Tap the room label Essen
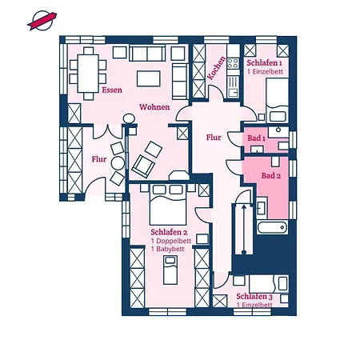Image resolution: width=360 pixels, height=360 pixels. point(112,90)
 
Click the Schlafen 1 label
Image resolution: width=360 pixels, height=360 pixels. point(264,62)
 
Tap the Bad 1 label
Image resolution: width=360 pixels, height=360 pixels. point(257,138)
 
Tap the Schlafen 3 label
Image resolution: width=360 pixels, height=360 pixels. point(254,296)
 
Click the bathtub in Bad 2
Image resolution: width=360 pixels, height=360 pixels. point(271,229)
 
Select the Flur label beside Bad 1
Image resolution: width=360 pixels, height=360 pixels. point(214,137)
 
